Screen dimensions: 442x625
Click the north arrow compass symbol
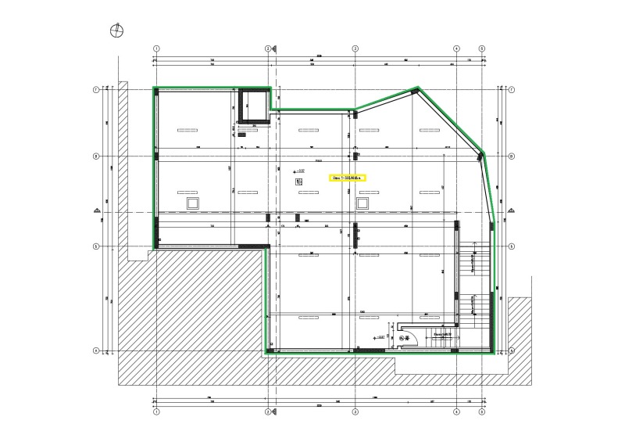coord(117,31)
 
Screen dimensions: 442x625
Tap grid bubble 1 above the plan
coord(156,48)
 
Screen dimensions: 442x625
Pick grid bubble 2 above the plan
coord(268,48)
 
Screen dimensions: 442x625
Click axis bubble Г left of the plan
coord(96,90)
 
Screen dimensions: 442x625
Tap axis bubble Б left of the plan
coord(96,246)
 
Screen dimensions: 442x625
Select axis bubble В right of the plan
coord(509,156)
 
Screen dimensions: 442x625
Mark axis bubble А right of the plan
coord(509,350)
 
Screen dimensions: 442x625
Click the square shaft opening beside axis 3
coord(362,203)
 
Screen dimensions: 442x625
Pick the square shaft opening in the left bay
coord(192,203)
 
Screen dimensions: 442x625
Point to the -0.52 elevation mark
coord(298,170)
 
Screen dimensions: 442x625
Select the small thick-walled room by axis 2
coord(254,106)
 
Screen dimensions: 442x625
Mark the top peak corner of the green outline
coord(419,87)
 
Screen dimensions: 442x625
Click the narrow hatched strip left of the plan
coord(123,156)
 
